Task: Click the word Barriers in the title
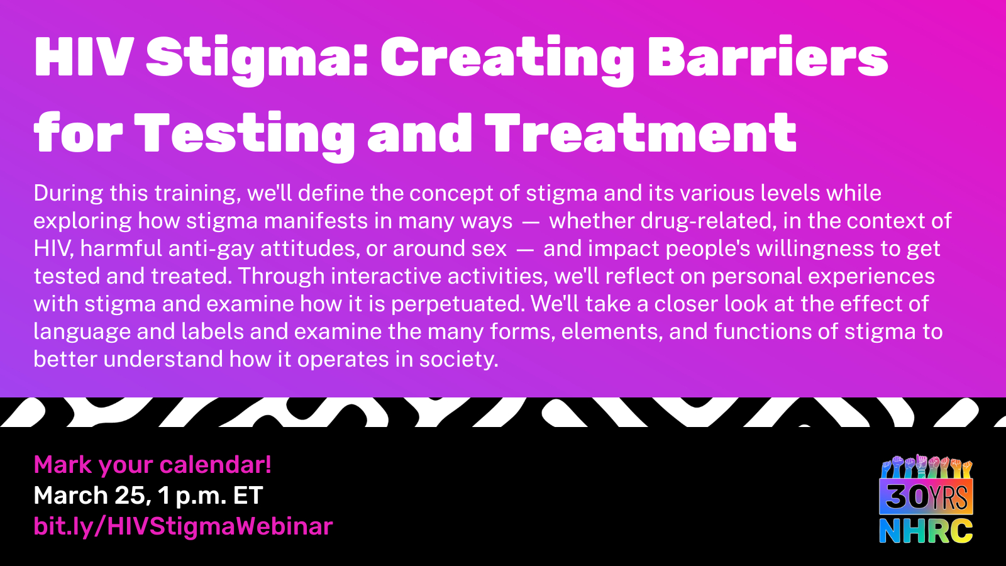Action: tap(768, 58)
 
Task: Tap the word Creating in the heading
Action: tap(507, 60)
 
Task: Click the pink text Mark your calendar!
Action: tap(153, 465)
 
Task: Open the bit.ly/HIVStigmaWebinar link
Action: tap(183, 526)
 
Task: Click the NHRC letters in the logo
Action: tap(926, 531)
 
